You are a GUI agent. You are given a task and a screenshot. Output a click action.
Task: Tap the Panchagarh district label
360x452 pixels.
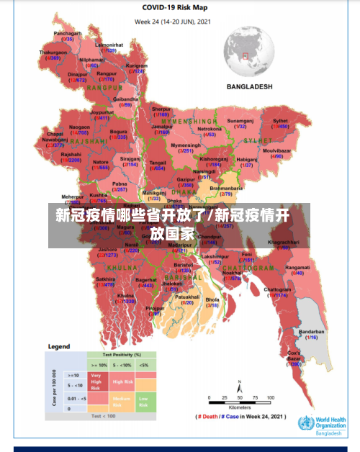click(x=68, y=33)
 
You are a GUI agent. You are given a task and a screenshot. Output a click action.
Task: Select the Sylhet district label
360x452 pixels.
click(x=280, y=121)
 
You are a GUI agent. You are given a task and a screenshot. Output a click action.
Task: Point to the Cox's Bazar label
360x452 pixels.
click(x=294, y=353)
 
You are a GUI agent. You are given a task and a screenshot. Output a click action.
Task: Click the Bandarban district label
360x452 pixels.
click(x=312, y=332)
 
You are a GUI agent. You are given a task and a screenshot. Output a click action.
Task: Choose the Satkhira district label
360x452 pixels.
click(x=105, y=258)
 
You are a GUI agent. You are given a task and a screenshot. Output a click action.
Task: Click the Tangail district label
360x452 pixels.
click(x=158, y=163)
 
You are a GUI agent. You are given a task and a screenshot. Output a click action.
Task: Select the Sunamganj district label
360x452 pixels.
click(x=240, y=121)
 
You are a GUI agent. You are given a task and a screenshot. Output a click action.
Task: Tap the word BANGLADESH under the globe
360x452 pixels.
click(x=250, y=86)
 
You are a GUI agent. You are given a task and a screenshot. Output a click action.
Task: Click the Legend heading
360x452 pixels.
click(x=59, y=346)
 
